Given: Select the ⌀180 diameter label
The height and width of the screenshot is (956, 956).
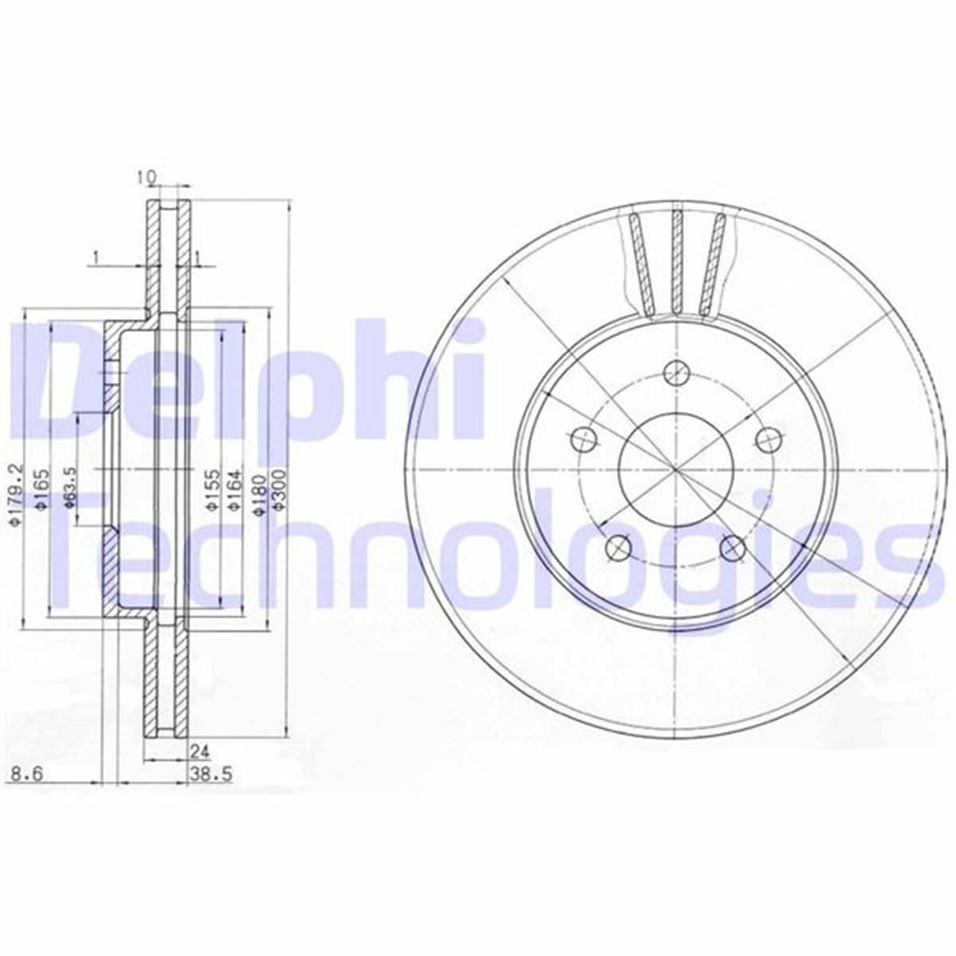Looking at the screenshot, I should (x=257, y=496).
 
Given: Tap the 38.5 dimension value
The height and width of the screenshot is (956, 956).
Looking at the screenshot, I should (x=204, y=774).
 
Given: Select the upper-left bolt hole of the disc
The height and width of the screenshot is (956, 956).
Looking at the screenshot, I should (x=584, y=437).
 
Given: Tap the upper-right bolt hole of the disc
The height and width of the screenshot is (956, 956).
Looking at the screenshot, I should (x=768, y=437).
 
